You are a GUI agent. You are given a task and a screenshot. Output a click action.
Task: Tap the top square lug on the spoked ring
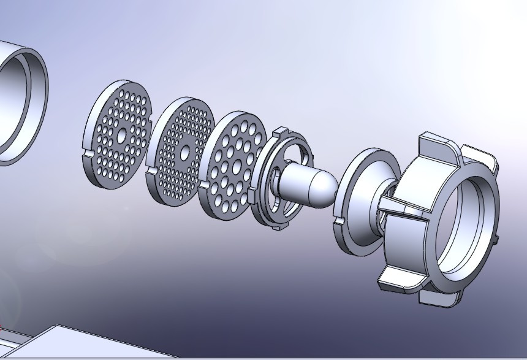coord(281,132)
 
